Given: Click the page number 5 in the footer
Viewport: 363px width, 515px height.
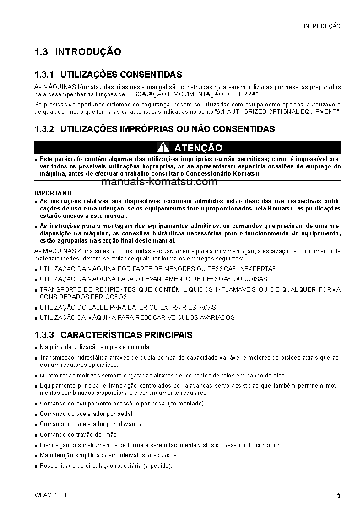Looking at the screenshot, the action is click(x=338, y=495).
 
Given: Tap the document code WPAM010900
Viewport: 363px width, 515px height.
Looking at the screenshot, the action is click(x=52, y=496).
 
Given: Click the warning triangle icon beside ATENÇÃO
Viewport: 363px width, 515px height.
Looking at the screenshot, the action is click(x=163, y=147).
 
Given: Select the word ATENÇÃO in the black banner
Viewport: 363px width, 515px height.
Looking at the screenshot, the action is click(x=198, y=148).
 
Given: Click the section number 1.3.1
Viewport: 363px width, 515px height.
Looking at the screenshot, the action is click(x=44, y=74).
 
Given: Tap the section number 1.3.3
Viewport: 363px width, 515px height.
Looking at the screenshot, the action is click(x=44, y=335).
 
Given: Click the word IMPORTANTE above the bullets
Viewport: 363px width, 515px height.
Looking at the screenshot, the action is click(x=54, y=194).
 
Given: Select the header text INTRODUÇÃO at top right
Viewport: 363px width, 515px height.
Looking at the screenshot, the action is click(x=322, y=26).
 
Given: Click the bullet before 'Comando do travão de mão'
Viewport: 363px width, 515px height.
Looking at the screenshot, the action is click(x=36, y=435).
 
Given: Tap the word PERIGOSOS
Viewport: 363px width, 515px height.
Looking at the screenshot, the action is click(x=105, y=297).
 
